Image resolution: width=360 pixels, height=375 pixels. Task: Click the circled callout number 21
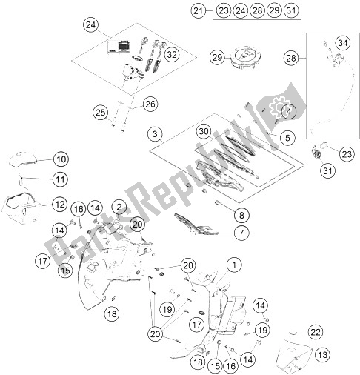(197, 10)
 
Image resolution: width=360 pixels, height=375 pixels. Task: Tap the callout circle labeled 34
(341, 43)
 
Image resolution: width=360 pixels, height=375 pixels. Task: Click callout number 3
(154, 134)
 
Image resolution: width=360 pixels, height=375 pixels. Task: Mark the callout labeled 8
(240, 216)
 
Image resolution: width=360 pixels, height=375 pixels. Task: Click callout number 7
(240, 233)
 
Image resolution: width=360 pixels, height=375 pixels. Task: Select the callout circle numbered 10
(61, 159)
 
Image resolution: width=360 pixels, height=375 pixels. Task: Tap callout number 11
(61, 179)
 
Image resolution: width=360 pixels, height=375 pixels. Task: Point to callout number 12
(61, 203)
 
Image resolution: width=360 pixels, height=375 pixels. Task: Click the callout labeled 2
(119, 205)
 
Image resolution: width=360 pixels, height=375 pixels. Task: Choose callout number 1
(234, 264)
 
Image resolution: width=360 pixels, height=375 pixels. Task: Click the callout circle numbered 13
(321, 355)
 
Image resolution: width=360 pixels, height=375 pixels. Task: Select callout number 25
(101, 112)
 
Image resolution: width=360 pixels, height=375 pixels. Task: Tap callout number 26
(150, 104)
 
